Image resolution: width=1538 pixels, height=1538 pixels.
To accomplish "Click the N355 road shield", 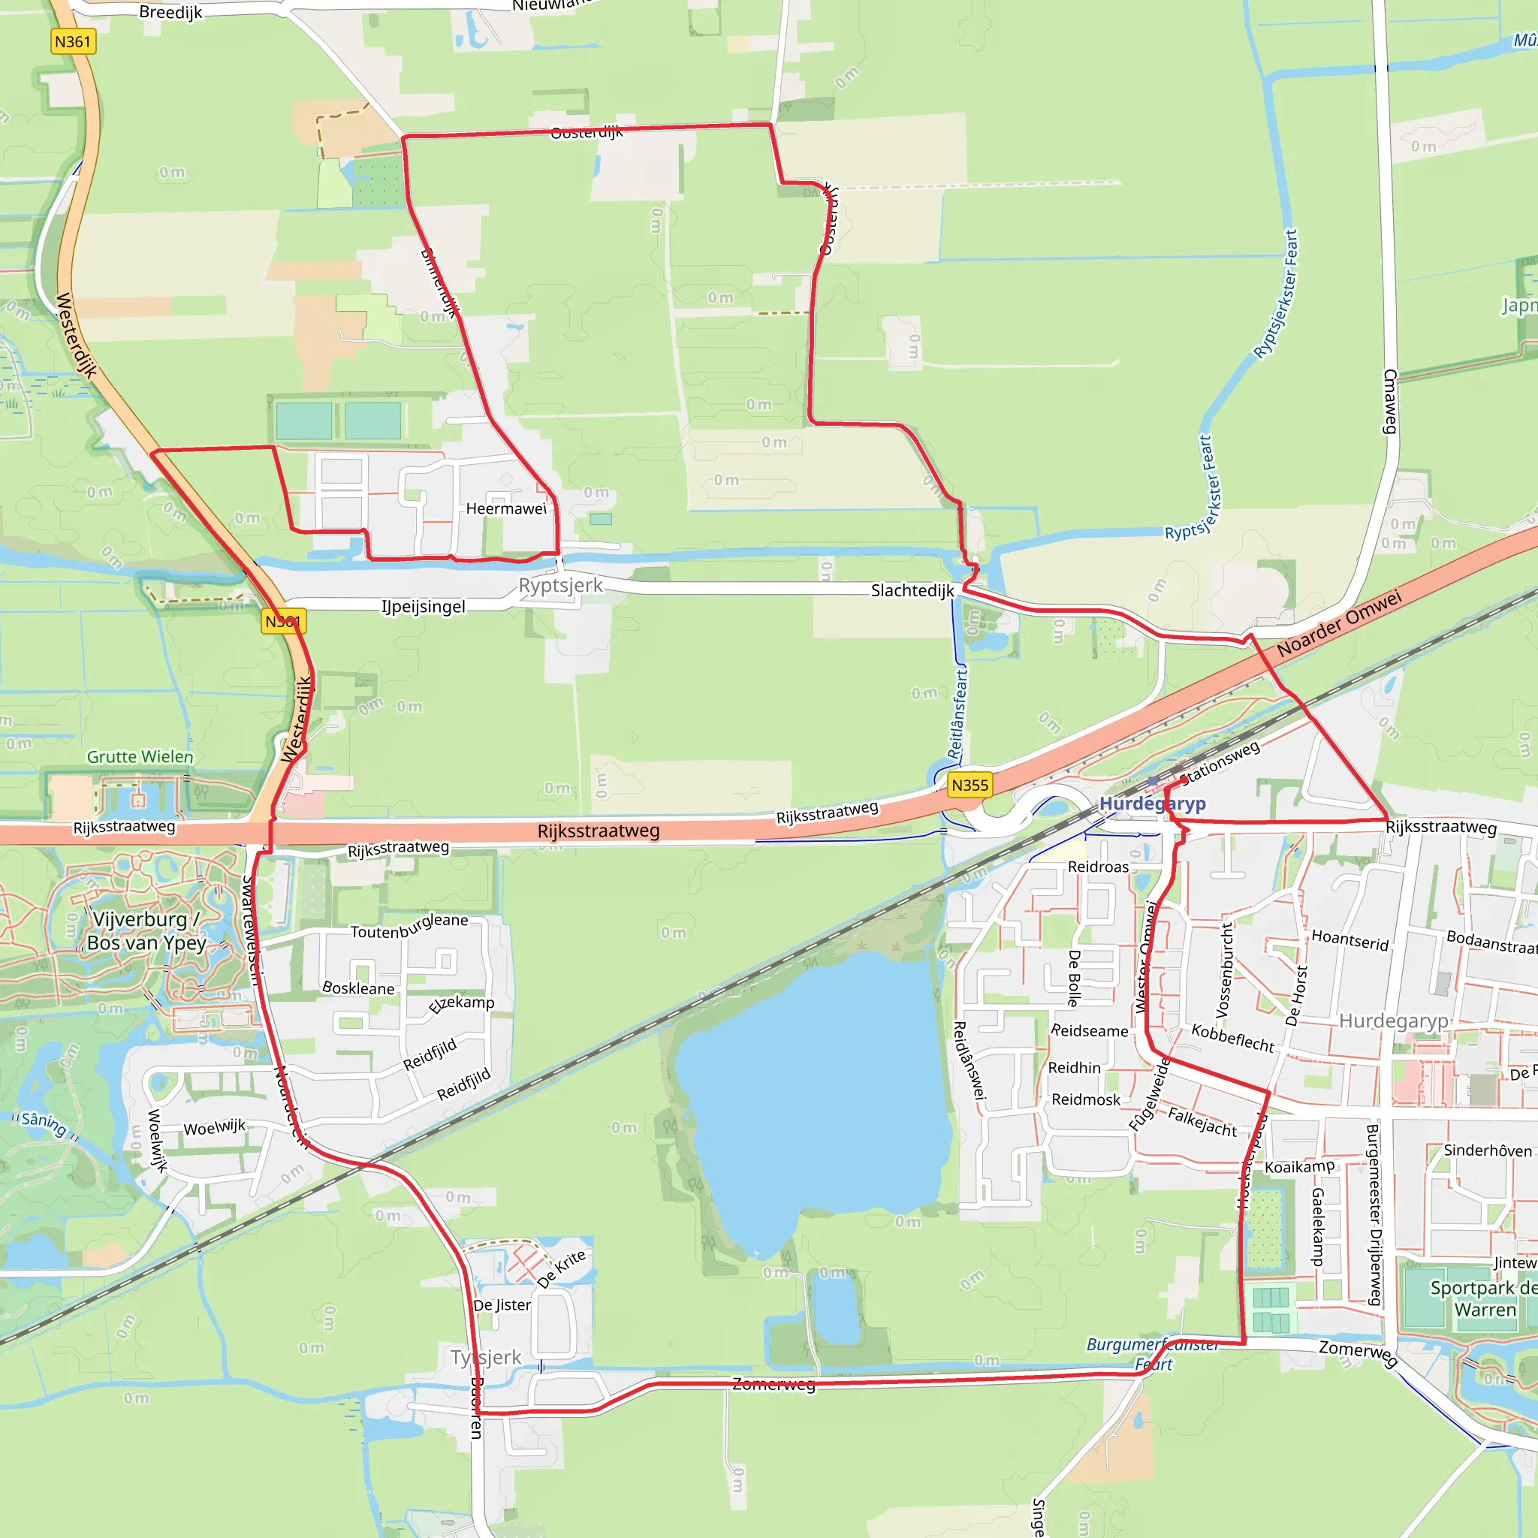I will click(x=970, y=785).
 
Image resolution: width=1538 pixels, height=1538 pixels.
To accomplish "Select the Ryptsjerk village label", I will click(x=560, y=585).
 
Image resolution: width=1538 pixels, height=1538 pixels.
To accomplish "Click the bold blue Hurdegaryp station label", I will click(x=1152, y=804).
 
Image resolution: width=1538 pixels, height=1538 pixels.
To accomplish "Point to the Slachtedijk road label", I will click(x=912, y=591).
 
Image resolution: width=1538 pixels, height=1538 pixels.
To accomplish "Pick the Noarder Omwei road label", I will click(x=1339, y=623).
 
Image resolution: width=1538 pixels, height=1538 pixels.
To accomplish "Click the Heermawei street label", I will click(x=506, y=508).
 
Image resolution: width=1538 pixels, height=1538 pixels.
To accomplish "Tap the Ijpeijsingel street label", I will click(x=424, y=607).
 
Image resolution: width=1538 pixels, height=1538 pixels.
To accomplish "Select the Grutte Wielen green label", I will click(x=140, y=756).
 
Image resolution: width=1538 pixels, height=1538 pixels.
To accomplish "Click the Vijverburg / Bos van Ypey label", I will click(x=146, y=931).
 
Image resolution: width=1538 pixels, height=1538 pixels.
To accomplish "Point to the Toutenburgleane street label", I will click(x=409, y=927).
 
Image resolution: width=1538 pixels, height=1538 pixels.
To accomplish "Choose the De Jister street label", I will click(x=502, y=1304).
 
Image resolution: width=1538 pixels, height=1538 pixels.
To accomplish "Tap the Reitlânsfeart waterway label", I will click(x=957, y=713).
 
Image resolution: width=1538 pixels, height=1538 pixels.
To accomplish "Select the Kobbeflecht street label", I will click(x=1232, y=1038).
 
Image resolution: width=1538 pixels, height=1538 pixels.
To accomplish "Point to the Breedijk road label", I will click(x=170, y=12).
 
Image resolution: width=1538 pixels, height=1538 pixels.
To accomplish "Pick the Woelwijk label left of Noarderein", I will click(x=215, y=1127).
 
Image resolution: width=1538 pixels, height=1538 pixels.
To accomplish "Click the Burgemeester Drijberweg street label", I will click(x=1374, y=1216).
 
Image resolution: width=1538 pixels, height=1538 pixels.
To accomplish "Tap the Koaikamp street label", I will click(x=1299, y=1167).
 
